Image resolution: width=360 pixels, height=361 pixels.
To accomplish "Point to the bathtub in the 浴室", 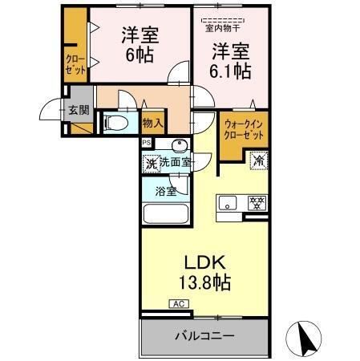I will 165,215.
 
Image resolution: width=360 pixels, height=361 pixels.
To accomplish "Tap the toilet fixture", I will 115,123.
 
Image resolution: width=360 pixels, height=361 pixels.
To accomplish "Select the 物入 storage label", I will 153,123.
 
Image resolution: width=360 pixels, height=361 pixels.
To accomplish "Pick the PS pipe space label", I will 146,143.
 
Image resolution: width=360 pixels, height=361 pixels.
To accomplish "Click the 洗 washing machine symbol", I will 150,164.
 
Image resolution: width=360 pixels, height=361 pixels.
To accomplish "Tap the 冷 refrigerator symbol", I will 259,160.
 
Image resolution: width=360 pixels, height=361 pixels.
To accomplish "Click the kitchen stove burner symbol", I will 256,202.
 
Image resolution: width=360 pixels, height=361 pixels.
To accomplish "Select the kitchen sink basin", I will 227,201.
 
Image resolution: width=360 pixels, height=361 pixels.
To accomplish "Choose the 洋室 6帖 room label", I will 140,47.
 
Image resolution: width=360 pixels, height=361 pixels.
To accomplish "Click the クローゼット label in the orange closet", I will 75,63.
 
